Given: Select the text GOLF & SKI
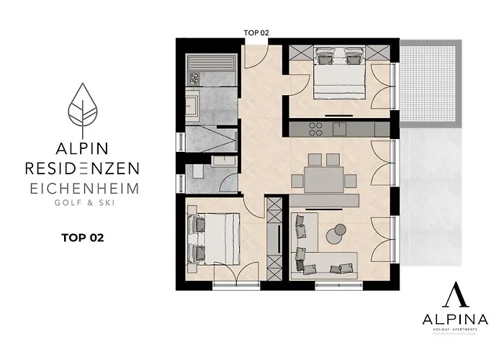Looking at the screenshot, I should pos(84,203).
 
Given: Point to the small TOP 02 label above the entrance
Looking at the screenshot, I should pos(257,33).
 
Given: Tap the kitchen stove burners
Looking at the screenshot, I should pos(315,128).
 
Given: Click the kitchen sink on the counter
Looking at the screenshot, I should pos(338,128).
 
